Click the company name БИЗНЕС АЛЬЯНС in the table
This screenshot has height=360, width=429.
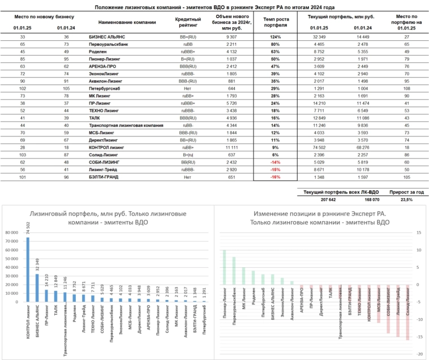click(108, 36)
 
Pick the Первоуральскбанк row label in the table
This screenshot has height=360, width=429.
click(109, 44)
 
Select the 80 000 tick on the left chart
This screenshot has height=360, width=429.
click(11, 232)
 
